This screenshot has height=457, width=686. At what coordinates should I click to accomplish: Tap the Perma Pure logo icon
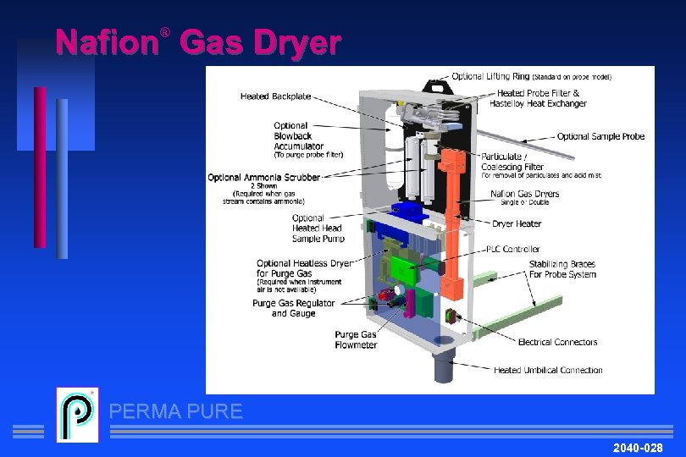pyautogui.click(x=77, y=415)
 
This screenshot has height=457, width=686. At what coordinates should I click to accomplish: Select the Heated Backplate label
pyautogui.click(x=275, y=96)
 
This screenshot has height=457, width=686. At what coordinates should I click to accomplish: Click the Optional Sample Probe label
pyautogui.click(x=600, y=136)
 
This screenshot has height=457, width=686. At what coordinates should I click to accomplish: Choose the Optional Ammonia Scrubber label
pyautogui.click(x=264, y=178)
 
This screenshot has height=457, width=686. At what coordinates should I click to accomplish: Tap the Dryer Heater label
pyautogui.click(x=517, y=224)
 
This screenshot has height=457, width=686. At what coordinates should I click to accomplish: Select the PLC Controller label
pyautogui.click(x=512, y=249)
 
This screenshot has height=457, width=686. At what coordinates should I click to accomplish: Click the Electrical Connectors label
pyautogui.click(x=557, y=342)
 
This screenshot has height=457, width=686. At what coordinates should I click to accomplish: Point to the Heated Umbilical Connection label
pyautogui.click(x=548, y=370)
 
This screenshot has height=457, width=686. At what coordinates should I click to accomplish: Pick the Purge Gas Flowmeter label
pyautogui.click(x=356, y=339)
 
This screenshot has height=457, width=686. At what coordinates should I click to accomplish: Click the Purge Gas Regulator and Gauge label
pyautogui.click(x=293, y=308)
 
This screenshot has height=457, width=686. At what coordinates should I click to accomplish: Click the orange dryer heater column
pyautogui.click(x=456, y=220)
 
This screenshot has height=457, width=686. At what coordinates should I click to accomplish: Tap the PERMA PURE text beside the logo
pyautogui.click(x=176, y=412)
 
